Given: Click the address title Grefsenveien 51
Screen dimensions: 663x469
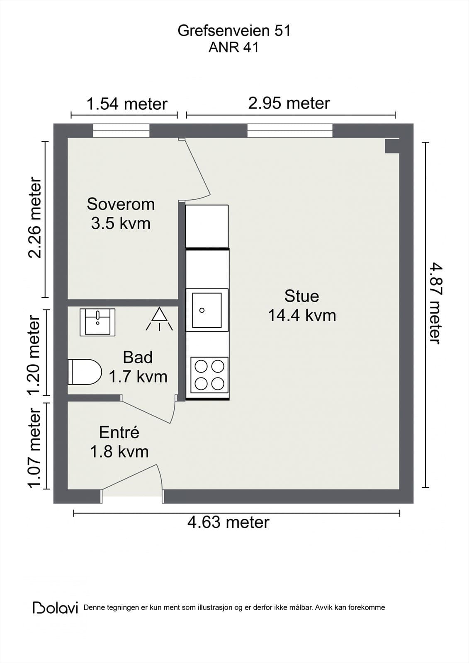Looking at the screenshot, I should (234, 31).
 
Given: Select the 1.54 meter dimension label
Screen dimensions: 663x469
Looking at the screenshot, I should (126, 104).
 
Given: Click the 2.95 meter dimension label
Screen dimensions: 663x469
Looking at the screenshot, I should (289, 103).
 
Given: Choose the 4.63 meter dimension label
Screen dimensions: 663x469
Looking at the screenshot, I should (228, 522).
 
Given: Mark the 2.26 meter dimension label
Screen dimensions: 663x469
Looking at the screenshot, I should (35, 218).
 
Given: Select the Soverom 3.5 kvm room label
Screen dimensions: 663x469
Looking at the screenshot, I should (121, 214).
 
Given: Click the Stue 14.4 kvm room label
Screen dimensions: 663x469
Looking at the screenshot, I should (301, 306).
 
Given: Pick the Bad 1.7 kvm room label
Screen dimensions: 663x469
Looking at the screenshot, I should (138, 367).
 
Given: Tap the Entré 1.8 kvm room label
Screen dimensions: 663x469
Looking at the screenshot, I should (119, 442).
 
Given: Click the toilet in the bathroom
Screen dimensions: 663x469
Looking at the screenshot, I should (85, 372).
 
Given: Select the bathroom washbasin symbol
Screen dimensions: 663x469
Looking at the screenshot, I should (97, 322).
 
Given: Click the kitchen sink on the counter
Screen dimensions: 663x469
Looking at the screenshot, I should (207, 310).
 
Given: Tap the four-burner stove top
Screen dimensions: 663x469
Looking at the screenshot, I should (209, 375).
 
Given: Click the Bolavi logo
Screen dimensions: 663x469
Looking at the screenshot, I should (56, 607).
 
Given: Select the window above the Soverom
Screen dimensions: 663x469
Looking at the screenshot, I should (121, 131).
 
